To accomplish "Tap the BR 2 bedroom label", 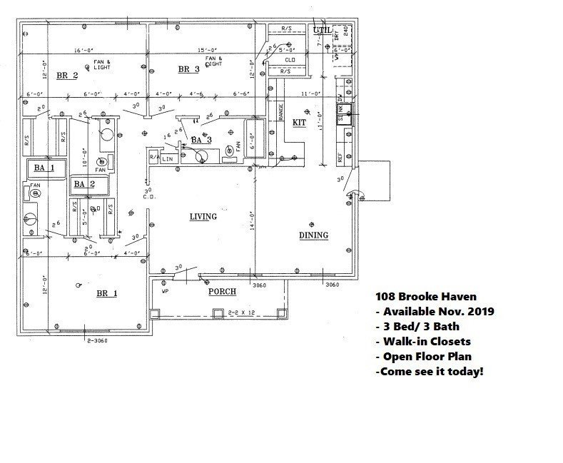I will tap(66, 75).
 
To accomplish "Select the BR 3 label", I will tap(188, 69).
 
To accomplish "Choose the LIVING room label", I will tap(203, 217).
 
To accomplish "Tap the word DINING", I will tap(313, 235).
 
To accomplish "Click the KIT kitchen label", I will tap(300, 123).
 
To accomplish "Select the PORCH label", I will tap(222, 292).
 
